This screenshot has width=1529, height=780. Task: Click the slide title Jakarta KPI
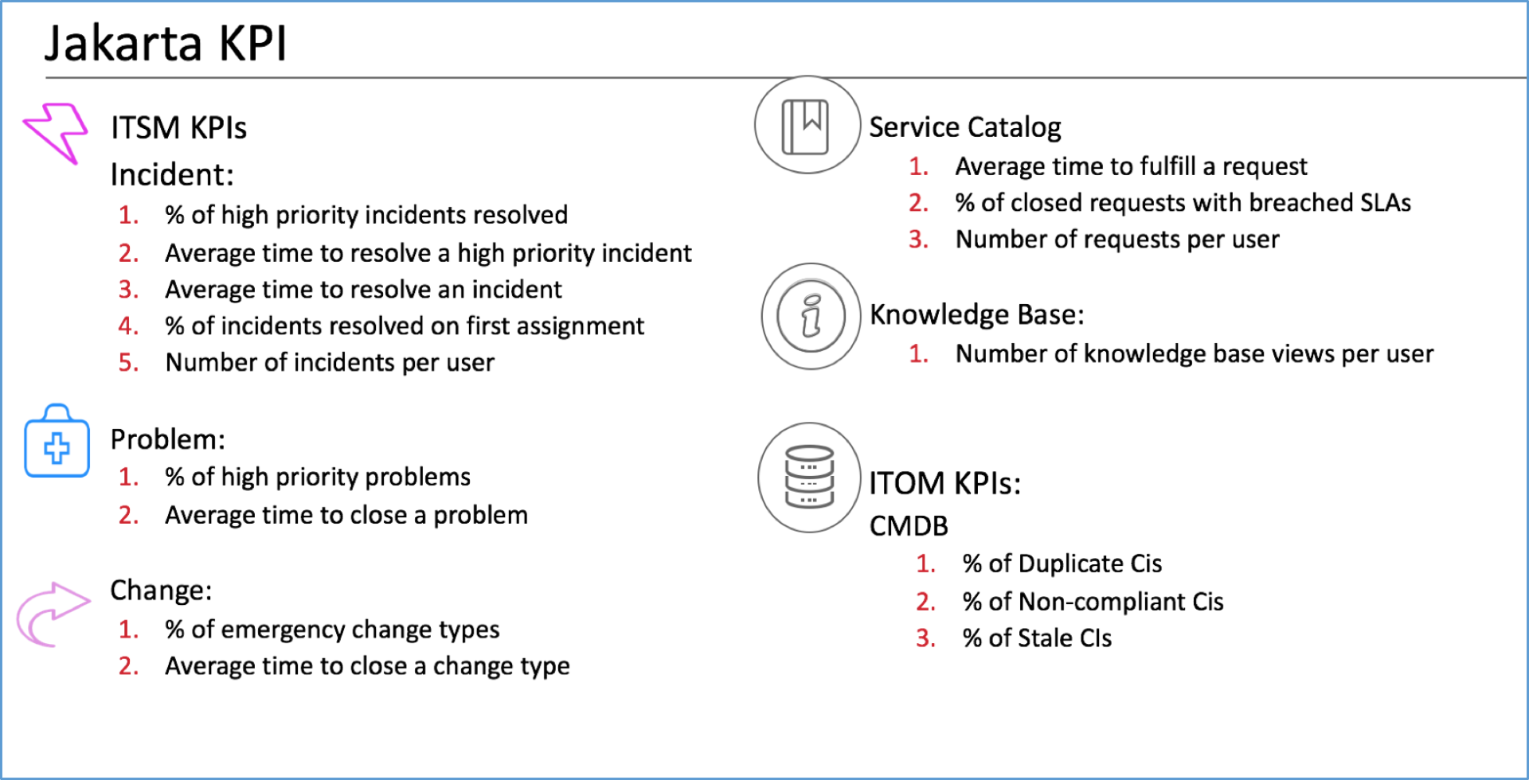165,43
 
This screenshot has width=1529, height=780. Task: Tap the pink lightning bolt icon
56,132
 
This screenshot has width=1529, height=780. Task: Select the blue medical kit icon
57,443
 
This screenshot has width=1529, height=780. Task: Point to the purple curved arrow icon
52,614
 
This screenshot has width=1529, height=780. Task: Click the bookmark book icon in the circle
806,126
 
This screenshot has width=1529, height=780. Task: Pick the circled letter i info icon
811,316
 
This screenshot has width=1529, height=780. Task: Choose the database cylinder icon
809,477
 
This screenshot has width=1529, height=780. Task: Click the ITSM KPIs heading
178,128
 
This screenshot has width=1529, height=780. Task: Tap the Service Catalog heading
964,127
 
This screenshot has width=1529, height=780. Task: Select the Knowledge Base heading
976,315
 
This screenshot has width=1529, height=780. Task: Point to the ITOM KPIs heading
944,483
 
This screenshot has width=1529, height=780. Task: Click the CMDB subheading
909,526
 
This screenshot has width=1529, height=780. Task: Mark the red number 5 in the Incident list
128,363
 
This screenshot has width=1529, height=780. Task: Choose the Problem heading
167,439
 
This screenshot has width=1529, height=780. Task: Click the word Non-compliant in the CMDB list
1101,602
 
